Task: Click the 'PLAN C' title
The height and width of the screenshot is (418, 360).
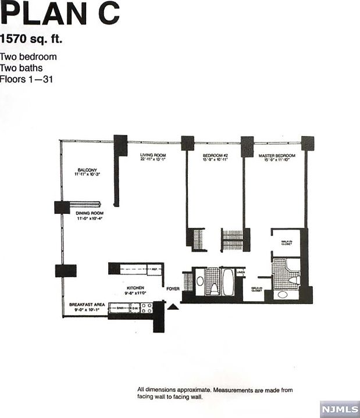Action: click(59, 14)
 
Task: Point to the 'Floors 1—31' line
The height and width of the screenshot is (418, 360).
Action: click(27, 79)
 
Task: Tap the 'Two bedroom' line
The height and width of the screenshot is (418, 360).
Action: click(28, 57)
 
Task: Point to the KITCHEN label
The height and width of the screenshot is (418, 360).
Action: click(136, 288)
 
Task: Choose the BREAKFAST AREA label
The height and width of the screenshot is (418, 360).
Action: click(86, 305)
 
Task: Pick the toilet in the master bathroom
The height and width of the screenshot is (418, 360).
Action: click(295, 280)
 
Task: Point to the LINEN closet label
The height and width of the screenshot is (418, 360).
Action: click(240, 274)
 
